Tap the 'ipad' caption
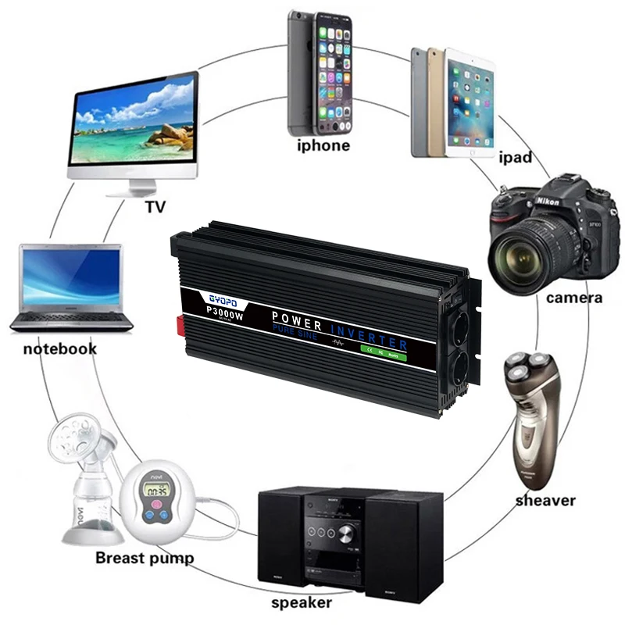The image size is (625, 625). [515, 158]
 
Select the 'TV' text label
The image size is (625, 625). [155, 207]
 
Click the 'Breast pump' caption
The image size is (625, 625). [145, 558]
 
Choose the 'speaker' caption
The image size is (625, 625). [301, 602]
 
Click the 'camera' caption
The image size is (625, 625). [574, 297]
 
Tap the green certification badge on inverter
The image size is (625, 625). [384, 348]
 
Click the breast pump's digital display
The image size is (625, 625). [154, 491]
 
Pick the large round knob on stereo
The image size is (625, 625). [346, 535]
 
